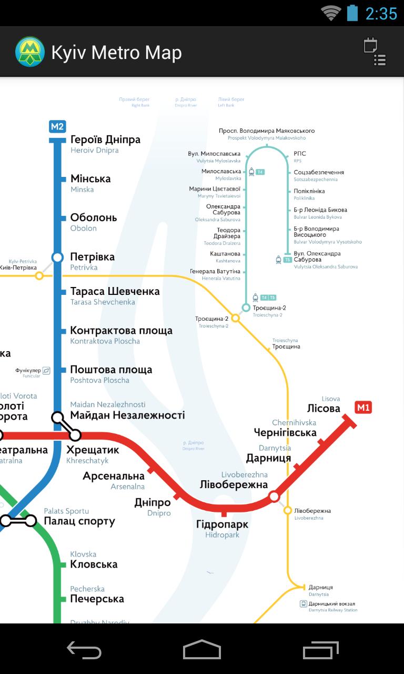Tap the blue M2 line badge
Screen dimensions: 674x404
pyautogui.click(x=57, y=126)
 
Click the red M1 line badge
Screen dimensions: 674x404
pyautogui.click(x=363, y=407)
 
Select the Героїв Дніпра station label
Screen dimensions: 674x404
pyautogui.click(x=105, y=140)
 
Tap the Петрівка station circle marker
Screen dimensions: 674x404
pyautogui.click(x=57, y=257)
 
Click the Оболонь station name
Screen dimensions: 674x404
pyautogui.click(x=94, y=218)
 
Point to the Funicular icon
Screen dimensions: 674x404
pyautogui.click(x=46, y=371)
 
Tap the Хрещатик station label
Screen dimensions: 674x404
pyautogui.click(x=93, y=450)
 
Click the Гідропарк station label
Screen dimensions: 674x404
pyautogui.click(x=222, y=525)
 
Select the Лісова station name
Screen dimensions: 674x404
pyautogui.click(x=324, y=409)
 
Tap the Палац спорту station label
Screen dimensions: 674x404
pyautogui.click(x=79, y=521)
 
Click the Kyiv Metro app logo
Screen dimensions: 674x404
pyautogui.click(x=30, y=52)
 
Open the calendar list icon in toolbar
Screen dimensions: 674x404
pyautogui.click(x=375, y=52)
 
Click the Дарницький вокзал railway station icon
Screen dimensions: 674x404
pyautogui.click(x=304, y=604)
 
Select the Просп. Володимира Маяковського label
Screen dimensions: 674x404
pyautogui.click(x=267, y=131)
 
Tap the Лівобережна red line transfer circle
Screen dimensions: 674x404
pyautogui.click(x=274, y=496)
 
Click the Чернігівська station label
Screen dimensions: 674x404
pyautogui.click(x=285, y=433)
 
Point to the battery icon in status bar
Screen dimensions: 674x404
pyautogui.click(x=352, y=13)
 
